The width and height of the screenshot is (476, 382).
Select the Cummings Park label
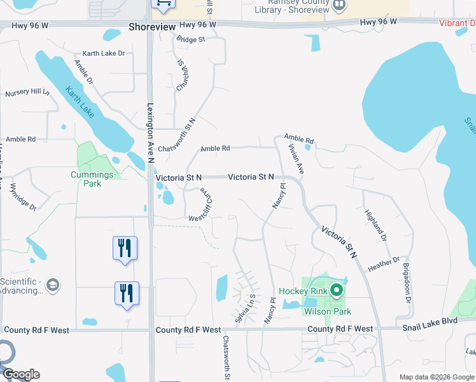point(92,179)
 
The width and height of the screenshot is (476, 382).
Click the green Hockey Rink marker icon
point(336,291)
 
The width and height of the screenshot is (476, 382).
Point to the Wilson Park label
point(327,311)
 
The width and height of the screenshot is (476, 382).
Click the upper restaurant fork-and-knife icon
point(125,247)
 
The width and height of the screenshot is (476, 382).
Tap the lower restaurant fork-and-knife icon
point(126,293)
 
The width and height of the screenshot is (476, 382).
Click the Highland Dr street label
point(375,224)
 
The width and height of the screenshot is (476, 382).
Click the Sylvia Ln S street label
point(244,308)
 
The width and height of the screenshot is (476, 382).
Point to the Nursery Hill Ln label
point(27,93)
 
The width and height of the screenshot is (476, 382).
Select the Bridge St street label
point(191,39)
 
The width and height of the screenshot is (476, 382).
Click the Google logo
point(21,374)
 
